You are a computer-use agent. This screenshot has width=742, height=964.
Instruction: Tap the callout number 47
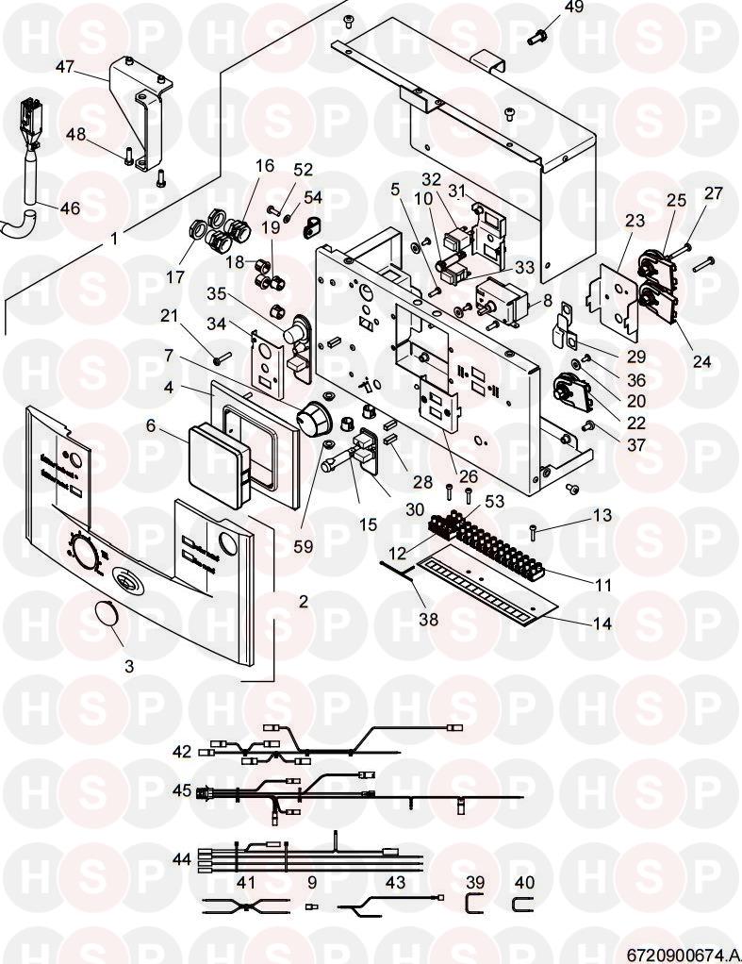(x=64, y=68)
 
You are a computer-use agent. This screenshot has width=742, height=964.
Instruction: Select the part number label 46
(x=70, y=208)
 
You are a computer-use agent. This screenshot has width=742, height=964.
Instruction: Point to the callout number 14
(x=601, y=623)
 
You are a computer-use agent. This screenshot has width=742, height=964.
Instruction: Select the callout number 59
(x=329, y=546)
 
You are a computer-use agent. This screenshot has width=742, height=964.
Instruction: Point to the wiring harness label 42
(x=182, y=752)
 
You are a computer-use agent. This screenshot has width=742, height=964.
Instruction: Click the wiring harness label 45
(x=182, y=789)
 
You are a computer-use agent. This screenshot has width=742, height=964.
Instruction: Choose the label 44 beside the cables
(x=182, y=859)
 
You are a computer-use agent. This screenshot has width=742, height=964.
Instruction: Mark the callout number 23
(x=635, y=222)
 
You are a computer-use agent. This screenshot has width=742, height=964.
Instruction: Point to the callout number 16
(x=265, y=166)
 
